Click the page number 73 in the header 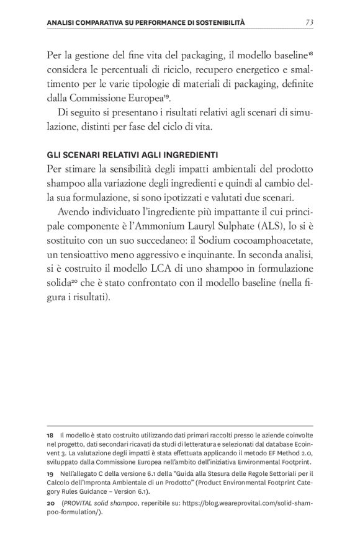pyautogui.click(x=309, y=23)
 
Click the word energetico pyautogui.click(x=232, y=70)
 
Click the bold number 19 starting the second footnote pyautogui.click(x=51, y=473)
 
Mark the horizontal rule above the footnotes pyautogui.click(x=180, y=426)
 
